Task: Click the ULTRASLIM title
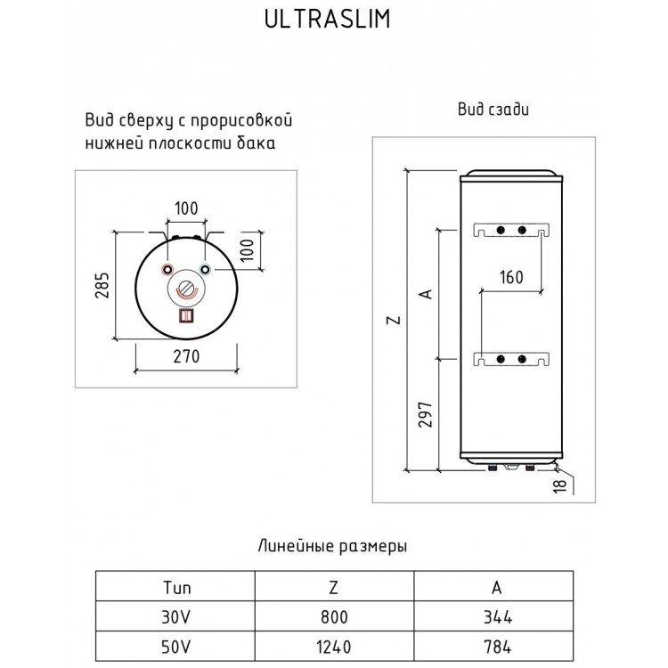point(327,19)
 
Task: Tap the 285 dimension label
point(102,285)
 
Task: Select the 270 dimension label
point(186,356)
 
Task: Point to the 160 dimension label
point(511,277)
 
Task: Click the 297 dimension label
point(425,414)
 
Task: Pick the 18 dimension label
point(560,486)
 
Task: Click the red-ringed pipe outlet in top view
point(167,270)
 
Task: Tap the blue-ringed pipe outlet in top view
point(206,270)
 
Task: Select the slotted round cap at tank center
point(186,288)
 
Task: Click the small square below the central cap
point(186,315)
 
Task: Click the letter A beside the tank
point(426,294)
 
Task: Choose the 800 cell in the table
point(334,617)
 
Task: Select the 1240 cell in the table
point(334,648)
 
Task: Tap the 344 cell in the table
point(498,617)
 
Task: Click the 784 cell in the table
point(498,648)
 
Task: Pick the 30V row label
point(176,617)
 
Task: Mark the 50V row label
point(176,648)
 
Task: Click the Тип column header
point(177,588)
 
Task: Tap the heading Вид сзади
point(493,109)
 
